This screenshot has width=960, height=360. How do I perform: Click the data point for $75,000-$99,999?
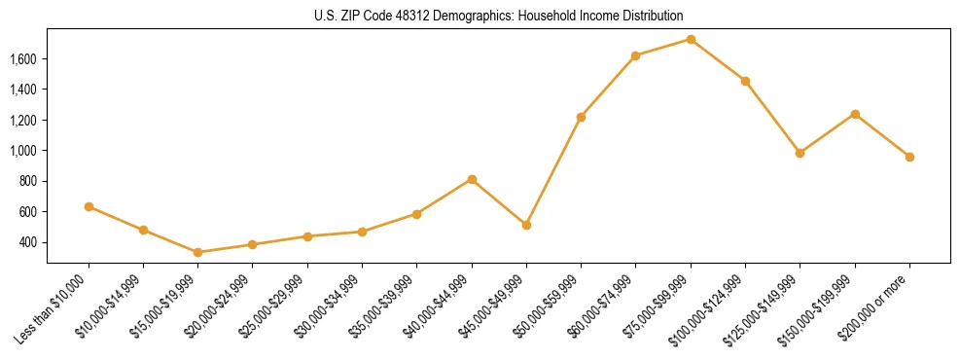[x=691, y=39]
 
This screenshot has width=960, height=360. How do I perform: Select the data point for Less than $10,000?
[x=89, y=206]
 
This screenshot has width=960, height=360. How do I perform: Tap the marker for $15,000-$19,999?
[x=198, y=252]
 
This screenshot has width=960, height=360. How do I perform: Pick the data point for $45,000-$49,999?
[x=526, y=225]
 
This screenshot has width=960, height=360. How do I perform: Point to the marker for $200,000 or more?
[x=909, y=157]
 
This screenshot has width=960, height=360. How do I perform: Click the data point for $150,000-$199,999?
[x=855, y=114]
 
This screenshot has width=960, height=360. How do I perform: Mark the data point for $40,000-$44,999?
[x=472, y=179]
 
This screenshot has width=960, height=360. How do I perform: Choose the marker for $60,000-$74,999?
[x=636, y=55]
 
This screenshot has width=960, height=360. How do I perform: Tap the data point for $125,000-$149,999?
[x=800, y=153]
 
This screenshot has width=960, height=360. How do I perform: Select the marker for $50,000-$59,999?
[x=581, y=117]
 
